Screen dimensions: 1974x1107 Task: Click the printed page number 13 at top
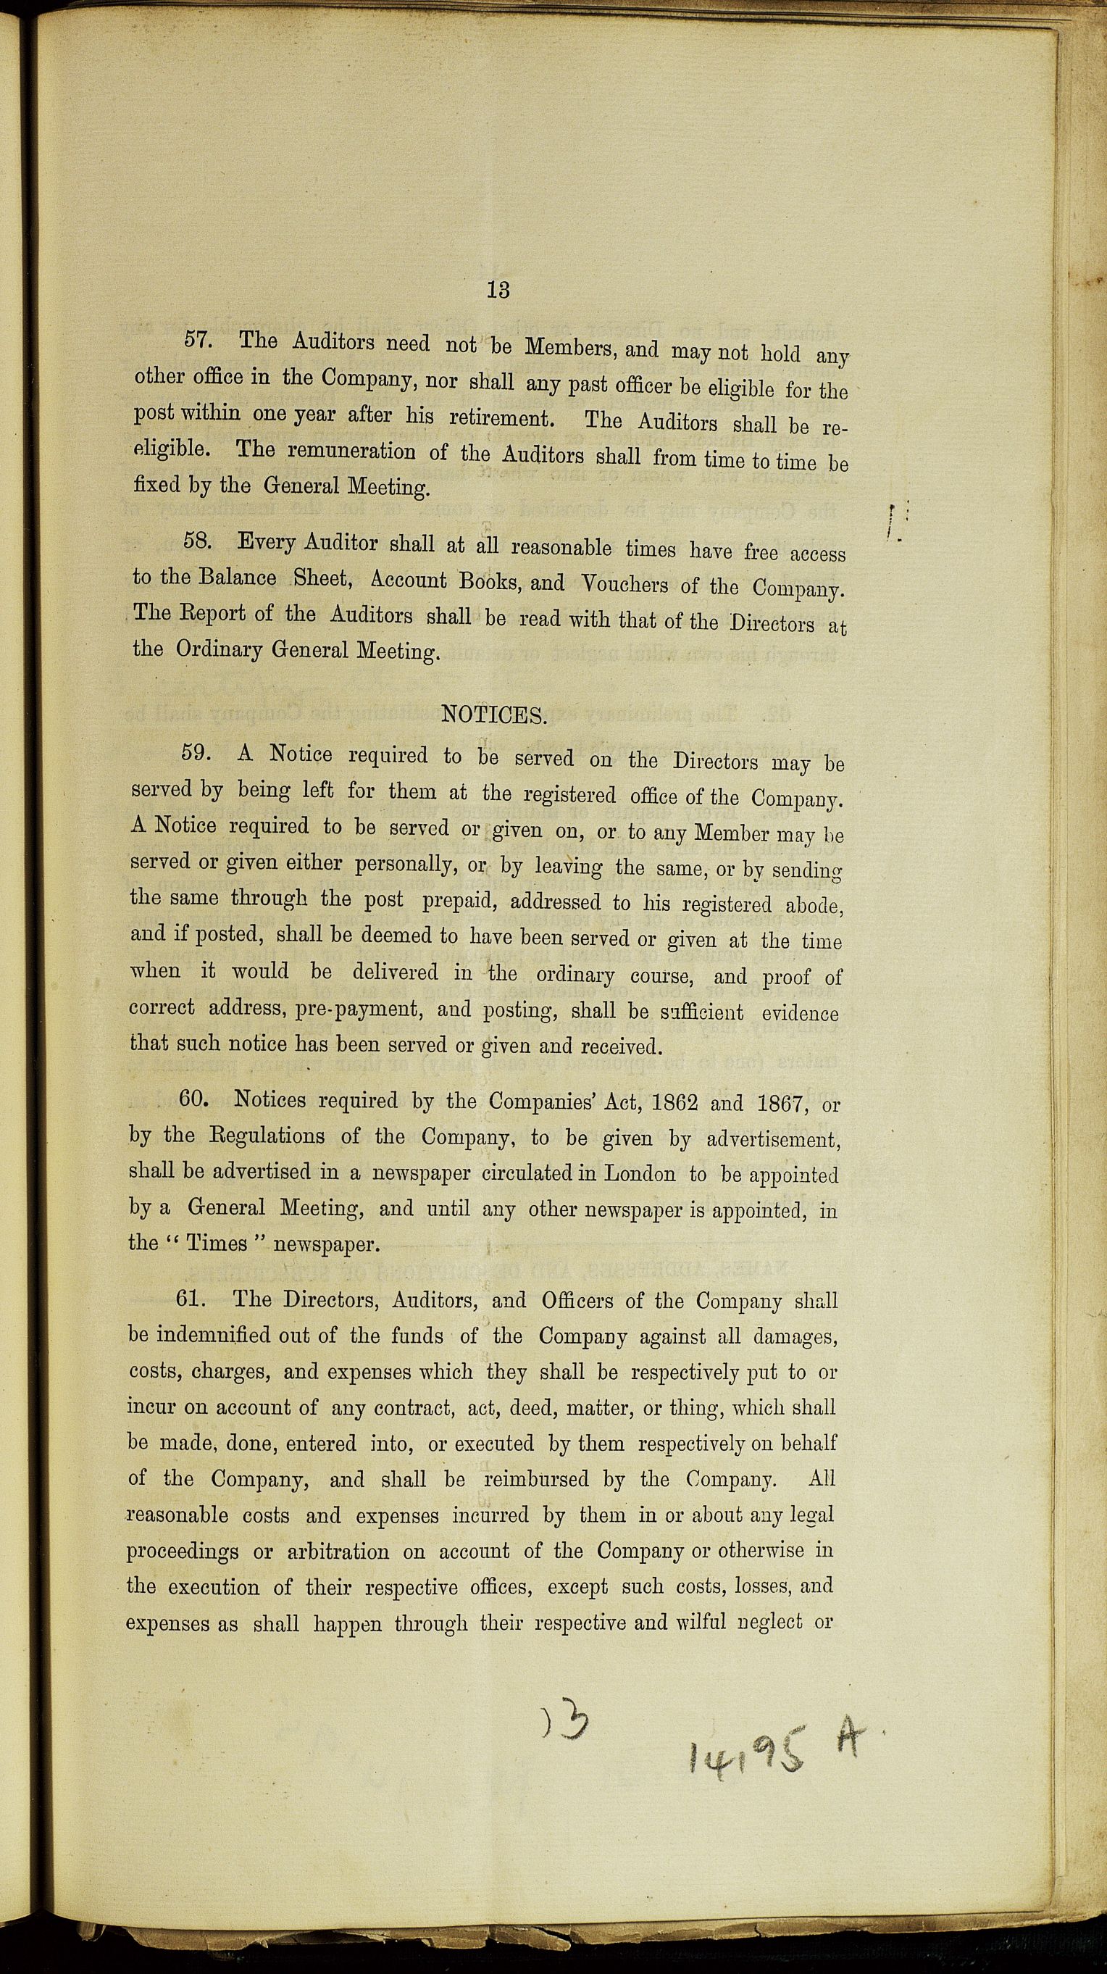(498, 290)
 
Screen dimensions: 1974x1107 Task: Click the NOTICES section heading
(494, 716)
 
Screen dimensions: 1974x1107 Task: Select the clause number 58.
(198, 542)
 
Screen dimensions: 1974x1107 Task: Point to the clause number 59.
(196, 752)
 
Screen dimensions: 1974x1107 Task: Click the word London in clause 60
(640, 1173)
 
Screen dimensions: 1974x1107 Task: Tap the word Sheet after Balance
(322, 579)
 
